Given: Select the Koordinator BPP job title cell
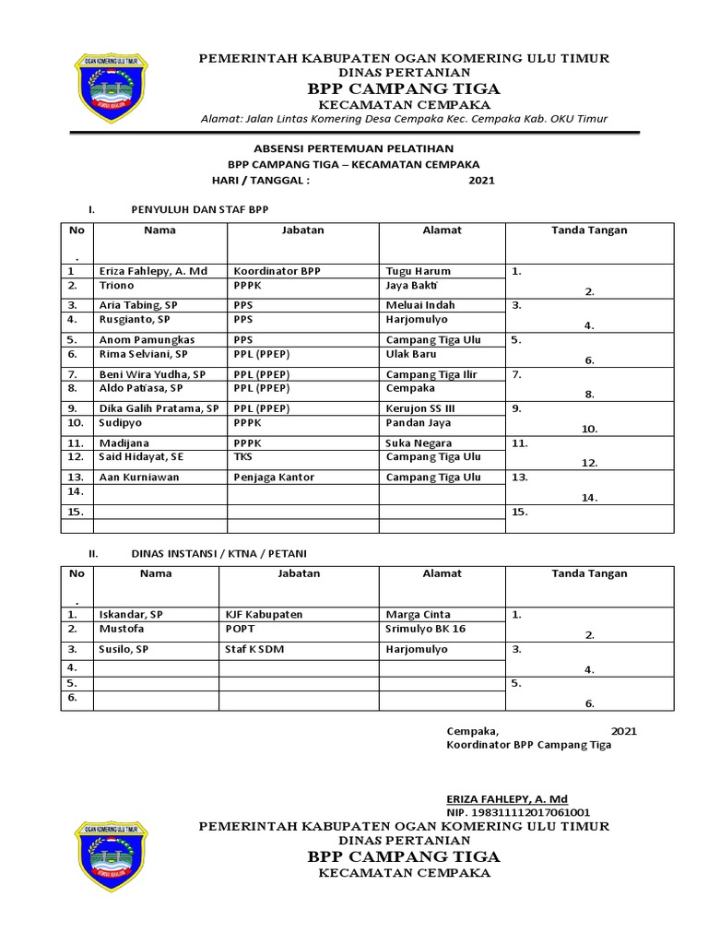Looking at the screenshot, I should [x=277, y=272].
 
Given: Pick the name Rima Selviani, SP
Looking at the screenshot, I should [x=143, y=354].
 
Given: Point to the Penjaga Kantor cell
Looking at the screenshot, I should [x=274, y=477].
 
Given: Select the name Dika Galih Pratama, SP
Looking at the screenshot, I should [x=159, y=407].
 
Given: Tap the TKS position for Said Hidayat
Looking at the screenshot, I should [x=242, y=456].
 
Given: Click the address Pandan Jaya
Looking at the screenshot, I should [x=419, y=422].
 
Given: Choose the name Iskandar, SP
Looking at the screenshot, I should [x=131, y=614].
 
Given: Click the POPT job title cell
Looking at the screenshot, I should [x=241, y=628].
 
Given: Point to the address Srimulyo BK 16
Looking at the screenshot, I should [x=426, y=628].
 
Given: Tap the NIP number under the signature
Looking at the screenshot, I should [x=518, y=812].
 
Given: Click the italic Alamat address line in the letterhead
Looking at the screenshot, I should [x=404, y=119].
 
